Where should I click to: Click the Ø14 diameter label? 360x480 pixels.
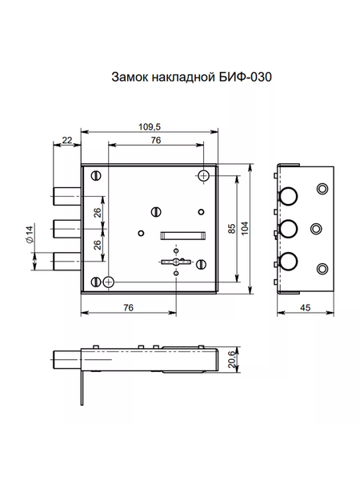29,234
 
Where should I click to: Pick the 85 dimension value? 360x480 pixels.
230,230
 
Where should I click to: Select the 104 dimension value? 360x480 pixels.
245,230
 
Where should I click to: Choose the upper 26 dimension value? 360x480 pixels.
97,213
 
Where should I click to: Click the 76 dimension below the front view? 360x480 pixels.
127,309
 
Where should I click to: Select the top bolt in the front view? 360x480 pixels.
66,194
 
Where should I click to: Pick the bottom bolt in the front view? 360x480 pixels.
66,259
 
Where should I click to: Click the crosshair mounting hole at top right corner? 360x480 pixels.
203,175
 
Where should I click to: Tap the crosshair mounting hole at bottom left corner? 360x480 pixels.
108,282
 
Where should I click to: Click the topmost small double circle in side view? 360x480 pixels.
322,189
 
